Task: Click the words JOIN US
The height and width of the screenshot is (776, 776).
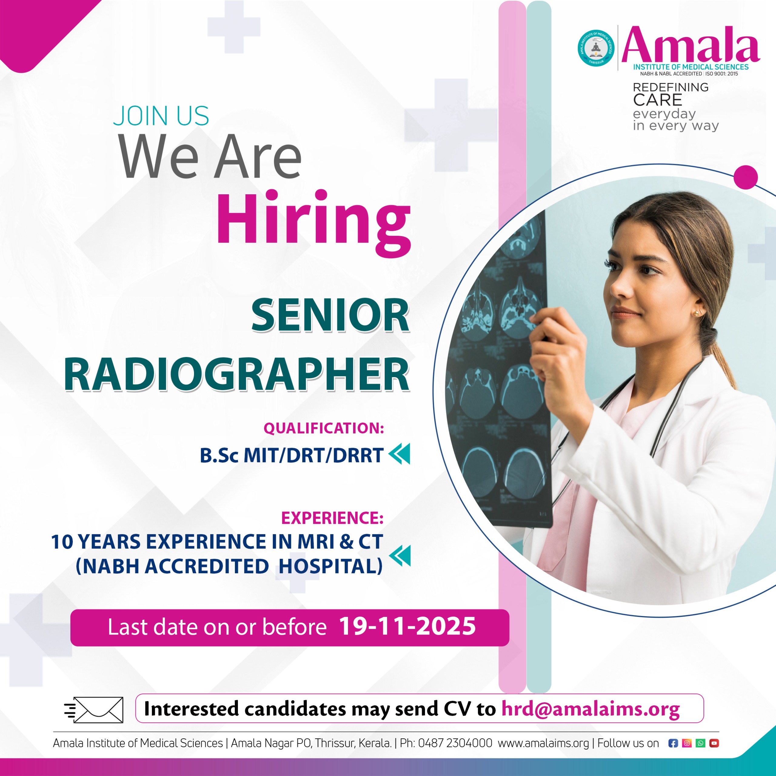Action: (161, 116)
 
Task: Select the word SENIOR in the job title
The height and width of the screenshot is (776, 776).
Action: (330, 315)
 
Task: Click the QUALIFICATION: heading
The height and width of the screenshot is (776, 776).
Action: (324, 428)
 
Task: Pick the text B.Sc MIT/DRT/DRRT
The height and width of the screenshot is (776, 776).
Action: (291, 455)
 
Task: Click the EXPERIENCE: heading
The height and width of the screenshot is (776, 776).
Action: (332, 518)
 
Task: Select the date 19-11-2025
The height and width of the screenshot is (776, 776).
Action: (407, 626)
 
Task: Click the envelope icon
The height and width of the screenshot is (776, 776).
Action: (94, 710)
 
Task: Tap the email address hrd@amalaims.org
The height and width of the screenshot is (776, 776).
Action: (590, 709)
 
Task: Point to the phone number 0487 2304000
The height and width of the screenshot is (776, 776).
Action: (455, 743)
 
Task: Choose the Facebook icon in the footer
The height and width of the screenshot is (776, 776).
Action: (673, 744)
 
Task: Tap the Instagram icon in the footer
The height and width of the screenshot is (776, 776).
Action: (687, 744)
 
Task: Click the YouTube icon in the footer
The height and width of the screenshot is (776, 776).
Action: (714, 744)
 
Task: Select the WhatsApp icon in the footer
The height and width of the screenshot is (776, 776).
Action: (701, 744)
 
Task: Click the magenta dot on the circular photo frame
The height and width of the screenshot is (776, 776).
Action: (745, 177)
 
